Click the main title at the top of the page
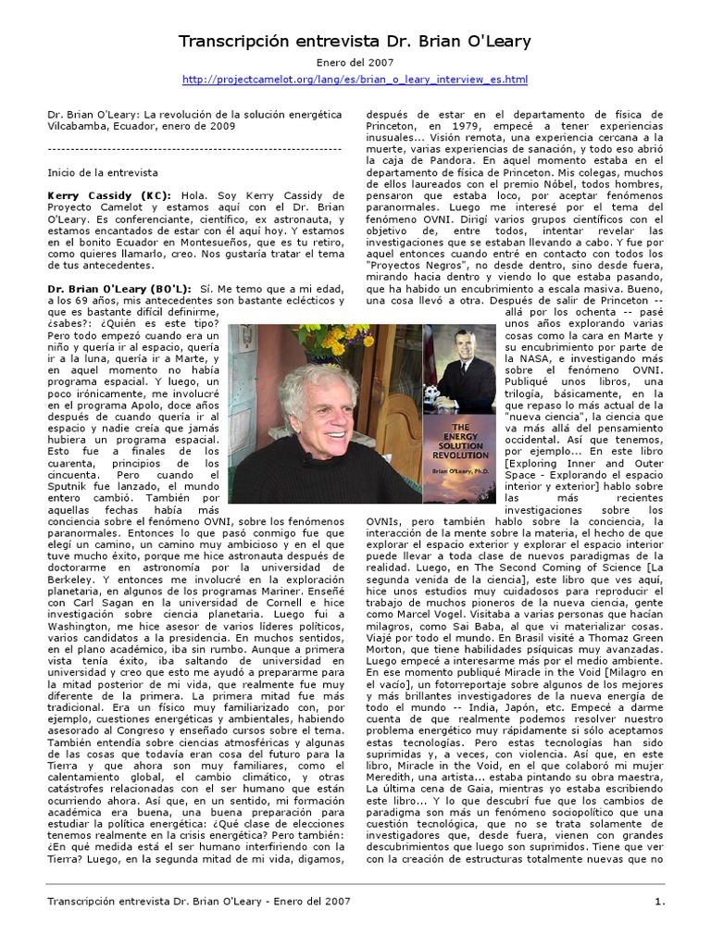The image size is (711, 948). pyautogui.click(x=355, y=43)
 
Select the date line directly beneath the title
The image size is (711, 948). pyautogui.click(x=355, y=64)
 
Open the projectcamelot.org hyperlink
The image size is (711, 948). pyautogui.click(x=355, y=80)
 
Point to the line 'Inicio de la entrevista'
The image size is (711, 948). pyautogui.click(x=103, y=172)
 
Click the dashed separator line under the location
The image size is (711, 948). pyautogui.click(x=194, y=148)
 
